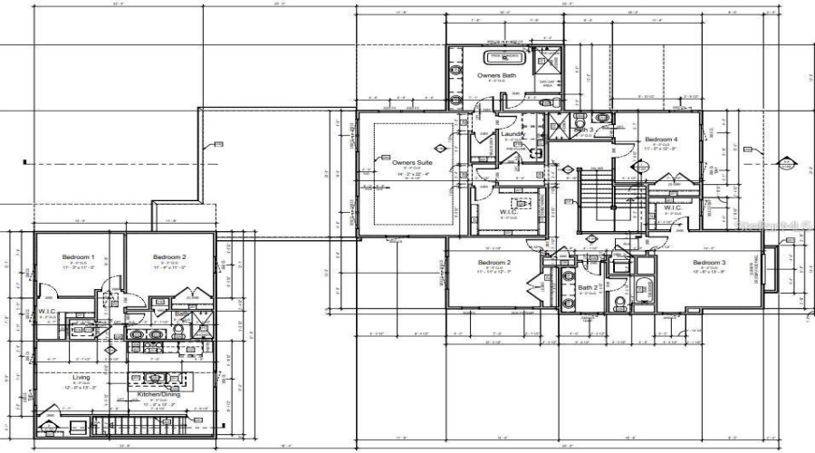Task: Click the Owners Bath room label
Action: point(496,75)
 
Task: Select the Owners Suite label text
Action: point(412,162)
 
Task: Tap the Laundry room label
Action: point(513,134)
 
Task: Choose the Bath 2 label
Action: point(587,288)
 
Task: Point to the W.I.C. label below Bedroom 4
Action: point(672,207)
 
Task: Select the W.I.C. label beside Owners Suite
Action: point(509,213)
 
